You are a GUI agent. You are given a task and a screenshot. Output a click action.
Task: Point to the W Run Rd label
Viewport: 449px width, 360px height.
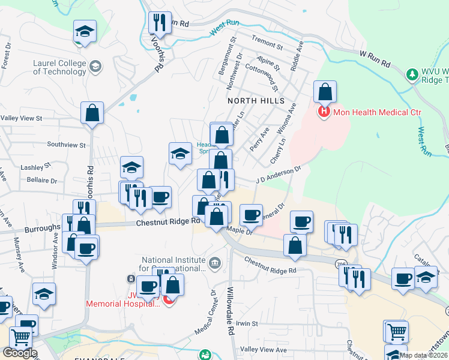coord(376,58)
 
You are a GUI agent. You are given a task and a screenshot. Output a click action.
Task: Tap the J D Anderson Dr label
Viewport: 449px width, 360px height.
coord(278,175)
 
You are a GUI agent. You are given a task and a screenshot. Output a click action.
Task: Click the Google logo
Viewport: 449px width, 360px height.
coord(20,353)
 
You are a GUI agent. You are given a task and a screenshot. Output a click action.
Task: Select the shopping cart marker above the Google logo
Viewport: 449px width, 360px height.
coord(21,337)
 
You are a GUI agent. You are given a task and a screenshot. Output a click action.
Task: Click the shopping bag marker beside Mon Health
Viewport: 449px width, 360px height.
coord(325,92)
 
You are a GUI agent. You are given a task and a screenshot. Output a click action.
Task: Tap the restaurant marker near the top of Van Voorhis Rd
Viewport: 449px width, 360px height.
coord(160,23)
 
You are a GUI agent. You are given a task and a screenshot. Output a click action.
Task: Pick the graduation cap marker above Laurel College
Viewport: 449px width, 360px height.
coord(85,31)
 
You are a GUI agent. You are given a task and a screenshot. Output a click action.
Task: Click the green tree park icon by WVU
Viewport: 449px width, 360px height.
coord(412,75)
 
